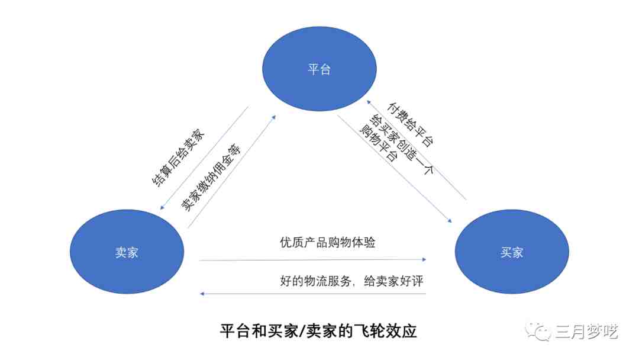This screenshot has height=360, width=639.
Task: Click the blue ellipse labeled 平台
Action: (x=319, y=69)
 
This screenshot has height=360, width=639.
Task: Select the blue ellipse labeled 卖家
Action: (x=127, y=252)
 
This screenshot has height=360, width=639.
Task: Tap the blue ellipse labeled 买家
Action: (x=512, y=252)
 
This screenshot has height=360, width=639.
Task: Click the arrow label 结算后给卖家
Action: (x=178, y=157)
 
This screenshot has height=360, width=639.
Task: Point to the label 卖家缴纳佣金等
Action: (x=211, y=178)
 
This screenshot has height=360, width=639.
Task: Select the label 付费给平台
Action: (x=410, y=124)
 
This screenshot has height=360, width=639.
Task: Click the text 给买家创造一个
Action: (x=401, y=144)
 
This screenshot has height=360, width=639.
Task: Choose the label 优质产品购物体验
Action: (x=328, y=242)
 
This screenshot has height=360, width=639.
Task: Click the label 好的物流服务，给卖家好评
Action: (x=351, y=281)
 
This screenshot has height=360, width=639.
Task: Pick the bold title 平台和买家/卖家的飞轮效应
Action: (x=318, y=330)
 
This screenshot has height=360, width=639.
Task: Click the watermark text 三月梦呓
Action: (x=586, y=332)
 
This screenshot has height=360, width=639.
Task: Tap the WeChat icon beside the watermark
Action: (x=538, y=331)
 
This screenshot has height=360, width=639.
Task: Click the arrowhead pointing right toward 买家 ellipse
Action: (x=424, y=259)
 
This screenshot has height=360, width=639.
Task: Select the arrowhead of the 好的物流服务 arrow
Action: (x=202, y=294)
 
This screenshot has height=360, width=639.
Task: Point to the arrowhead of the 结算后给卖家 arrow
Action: (x=162, y=207)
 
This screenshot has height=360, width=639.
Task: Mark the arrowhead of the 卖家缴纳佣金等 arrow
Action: (x=274, y=117)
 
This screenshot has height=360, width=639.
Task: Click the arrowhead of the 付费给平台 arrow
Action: (x=368, y=102)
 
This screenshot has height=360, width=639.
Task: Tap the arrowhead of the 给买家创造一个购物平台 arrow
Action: (x=450, y=221)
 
